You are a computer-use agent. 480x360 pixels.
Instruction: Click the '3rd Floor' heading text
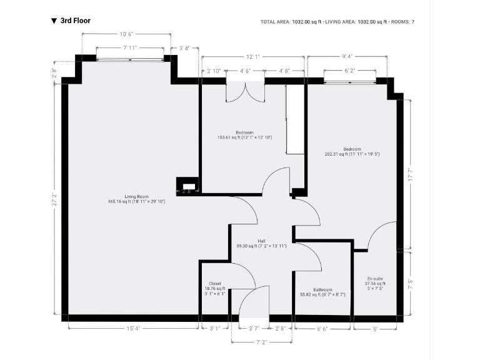[75, 21]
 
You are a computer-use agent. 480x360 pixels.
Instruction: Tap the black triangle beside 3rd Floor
[54, 21]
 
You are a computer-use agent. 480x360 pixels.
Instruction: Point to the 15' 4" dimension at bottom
[132, 328]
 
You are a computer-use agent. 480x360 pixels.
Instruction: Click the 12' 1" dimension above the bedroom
[253, 57]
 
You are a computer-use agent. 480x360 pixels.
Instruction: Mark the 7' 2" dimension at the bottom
[261, 342]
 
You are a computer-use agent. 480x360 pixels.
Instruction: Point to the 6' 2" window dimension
[351, 71]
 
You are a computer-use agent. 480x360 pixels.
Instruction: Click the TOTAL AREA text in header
[276, 22]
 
